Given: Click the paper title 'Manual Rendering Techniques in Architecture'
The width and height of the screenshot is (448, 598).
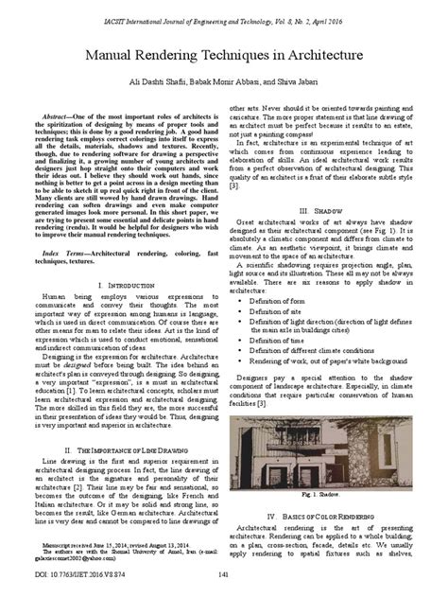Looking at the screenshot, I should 223,57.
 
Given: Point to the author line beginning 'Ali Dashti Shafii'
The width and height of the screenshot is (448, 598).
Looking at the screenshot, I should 223,84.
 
